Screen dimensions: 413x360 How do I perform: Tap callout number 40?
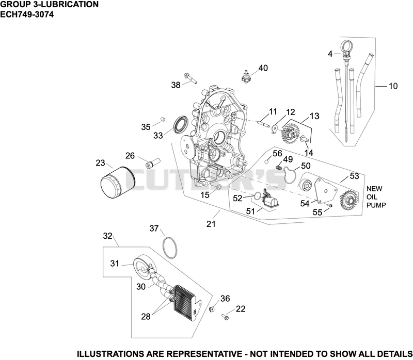[263, 68]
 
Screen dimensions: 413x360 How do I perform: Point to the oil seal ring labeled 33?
[181, 123]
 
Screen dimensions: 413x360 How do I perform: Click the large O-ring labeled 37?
[170, 248]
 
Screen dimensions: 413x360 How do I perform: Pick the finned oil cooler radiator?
[186, 303]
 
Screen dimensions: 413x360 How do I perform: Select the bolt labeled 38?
[190, 78]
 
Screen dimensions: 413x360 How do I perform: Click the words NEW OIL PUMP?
[376, 197]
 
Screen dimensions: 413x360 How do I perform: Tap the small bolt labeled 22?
[225, 317]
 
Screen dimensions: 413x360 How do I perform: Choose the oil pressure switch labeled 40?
[246, 76]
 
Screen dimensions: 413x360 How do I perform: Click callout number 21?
[211, 224]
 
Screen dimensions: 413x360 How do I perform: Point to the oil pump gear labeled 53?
[348, 202]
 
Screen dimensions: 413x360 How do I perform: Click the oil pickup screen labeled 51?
[269, 199]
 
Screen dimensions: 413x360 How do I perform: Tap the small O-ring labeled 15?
[218, 187]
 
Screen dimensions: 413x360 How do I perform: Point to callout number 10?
[393, 86]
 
